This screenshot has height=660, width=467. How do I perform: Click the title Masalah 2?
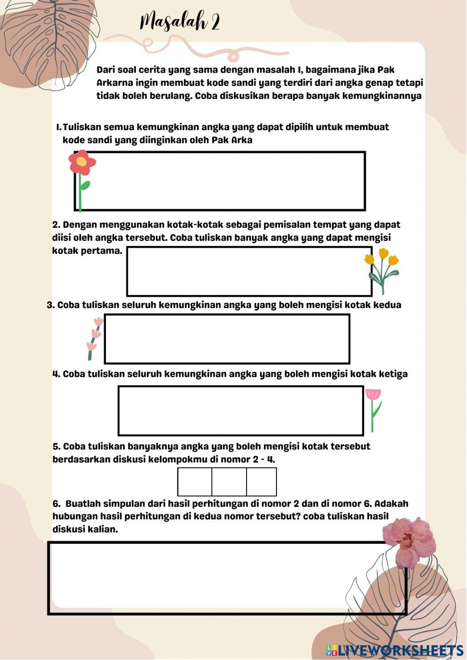tap(180, 22)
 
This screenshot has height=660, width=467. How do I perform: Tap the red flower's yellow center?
tap(81, 161)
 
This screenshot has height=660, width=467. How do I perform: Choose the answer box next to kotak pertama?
tap(249, 271)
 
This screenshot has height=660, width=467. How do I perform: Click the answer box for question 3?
tap(227, 339)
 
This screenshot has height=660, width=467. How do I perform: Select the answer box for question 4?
tap(241, 411)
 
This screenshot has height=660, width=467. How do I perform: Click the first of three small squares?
tap(195, 482)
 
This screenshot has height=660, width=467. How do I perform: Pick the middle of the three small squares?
tap(229, 482)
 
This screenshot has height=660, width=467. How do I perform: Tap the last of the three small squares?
tap(262, 482)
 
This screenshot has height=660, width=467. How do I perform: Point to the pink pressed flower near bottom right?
tap(409, 541)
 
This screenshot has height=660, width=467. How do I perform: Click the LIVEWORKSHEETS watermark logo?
tap(395, 650)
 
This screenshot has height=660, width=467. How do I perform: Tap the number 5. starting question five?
tap(57, 446)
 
